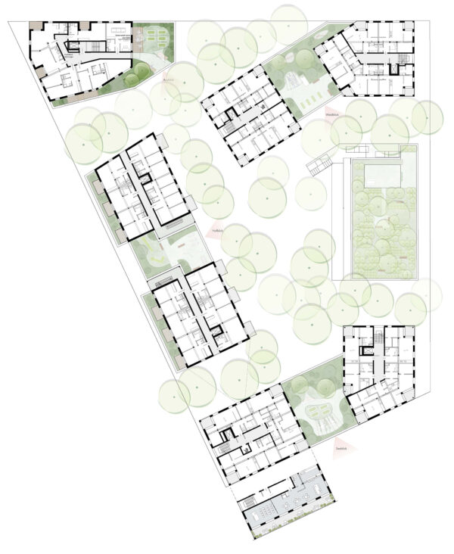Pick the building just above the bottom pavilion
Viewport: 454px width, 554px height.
point(250,435)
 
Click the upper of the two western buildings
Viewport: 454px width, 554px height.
point(144,185)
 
